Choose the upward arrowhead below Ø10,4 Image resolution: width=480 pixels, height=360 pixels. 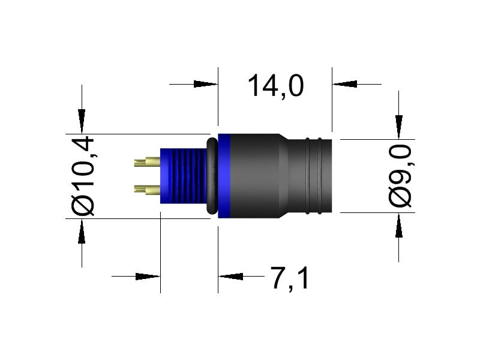click(x=82, y=230)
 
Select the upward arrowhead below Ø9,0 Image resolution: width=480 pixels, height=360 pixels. click(x=399, y=224)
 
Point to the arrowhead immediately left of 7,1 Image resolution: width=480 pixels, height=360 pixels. click(x=230, y=277)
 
